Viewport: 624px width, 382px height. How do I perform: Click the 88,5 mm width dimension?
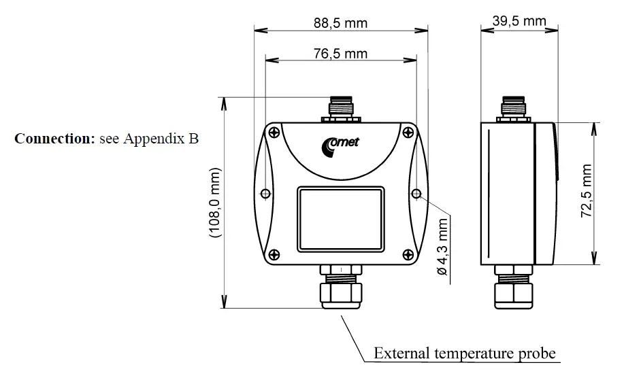point(340,22)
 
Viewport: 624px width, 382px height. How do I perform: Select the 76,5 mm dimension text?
point(340,54)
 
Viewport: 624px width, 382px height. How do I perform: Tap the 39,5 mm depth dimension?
point(519,21)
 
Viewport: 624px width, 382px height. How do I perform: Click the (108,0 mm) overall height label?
point(216,202)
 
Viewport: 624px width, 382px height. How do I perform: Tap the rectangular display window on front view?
point(340,218)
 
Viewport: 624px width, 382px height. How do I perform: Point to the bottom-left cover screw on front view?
point(273,254)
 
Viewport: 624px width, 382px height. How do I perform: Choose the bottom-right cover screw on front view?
point(407,254)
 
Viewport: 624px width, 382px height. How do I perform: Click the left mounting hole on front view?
point(265,194)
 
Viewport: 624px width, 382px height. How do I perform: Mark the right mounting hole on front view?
point(415,194)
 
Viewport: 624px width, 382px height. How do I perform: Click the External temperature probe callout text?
point(465,353)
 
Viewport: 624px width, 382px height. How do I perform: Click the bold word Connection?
point(54,139)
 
